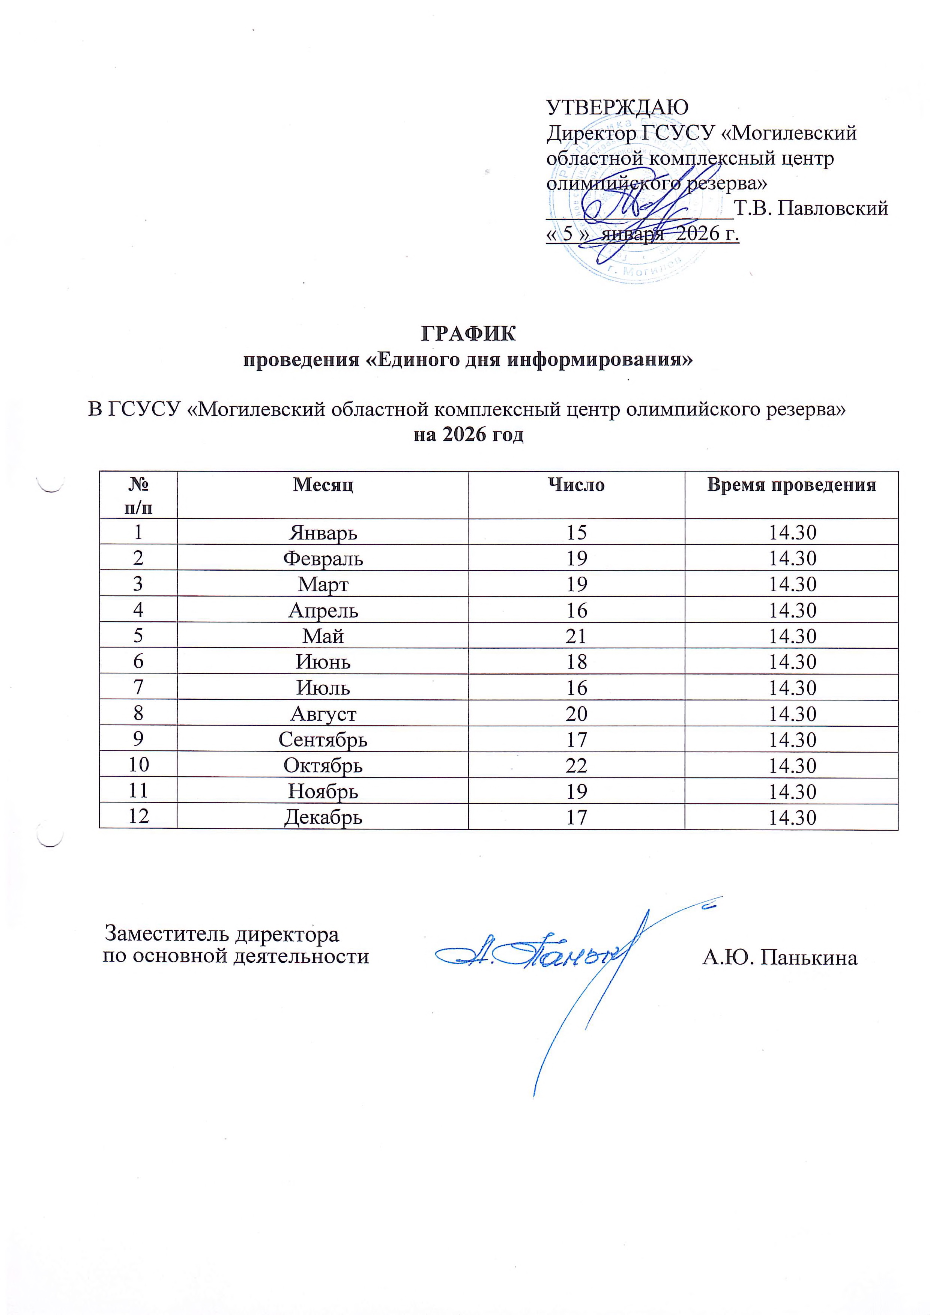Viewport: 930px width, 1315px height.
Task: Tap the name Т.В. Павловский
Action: [811, 209]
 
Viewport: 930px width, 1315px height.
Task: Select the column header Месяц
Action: [323, 485]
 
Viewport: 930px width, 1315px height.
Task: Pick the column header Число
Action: [576, 485]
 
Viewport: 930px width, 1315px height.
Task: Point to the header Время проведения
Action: [792, 485]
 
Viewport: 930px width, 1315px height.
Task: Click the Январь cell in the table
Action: [323, 533]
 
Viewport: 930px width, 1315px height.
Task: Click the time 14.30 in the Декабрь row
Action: [792, 817]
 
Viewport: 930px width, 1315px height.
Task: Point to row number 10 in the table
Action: [138, 765]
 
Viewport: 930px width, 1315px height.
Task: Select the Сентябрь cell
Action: [323, 740]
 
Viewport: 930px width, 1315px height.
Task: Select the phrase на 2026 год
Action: [469, 435]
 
